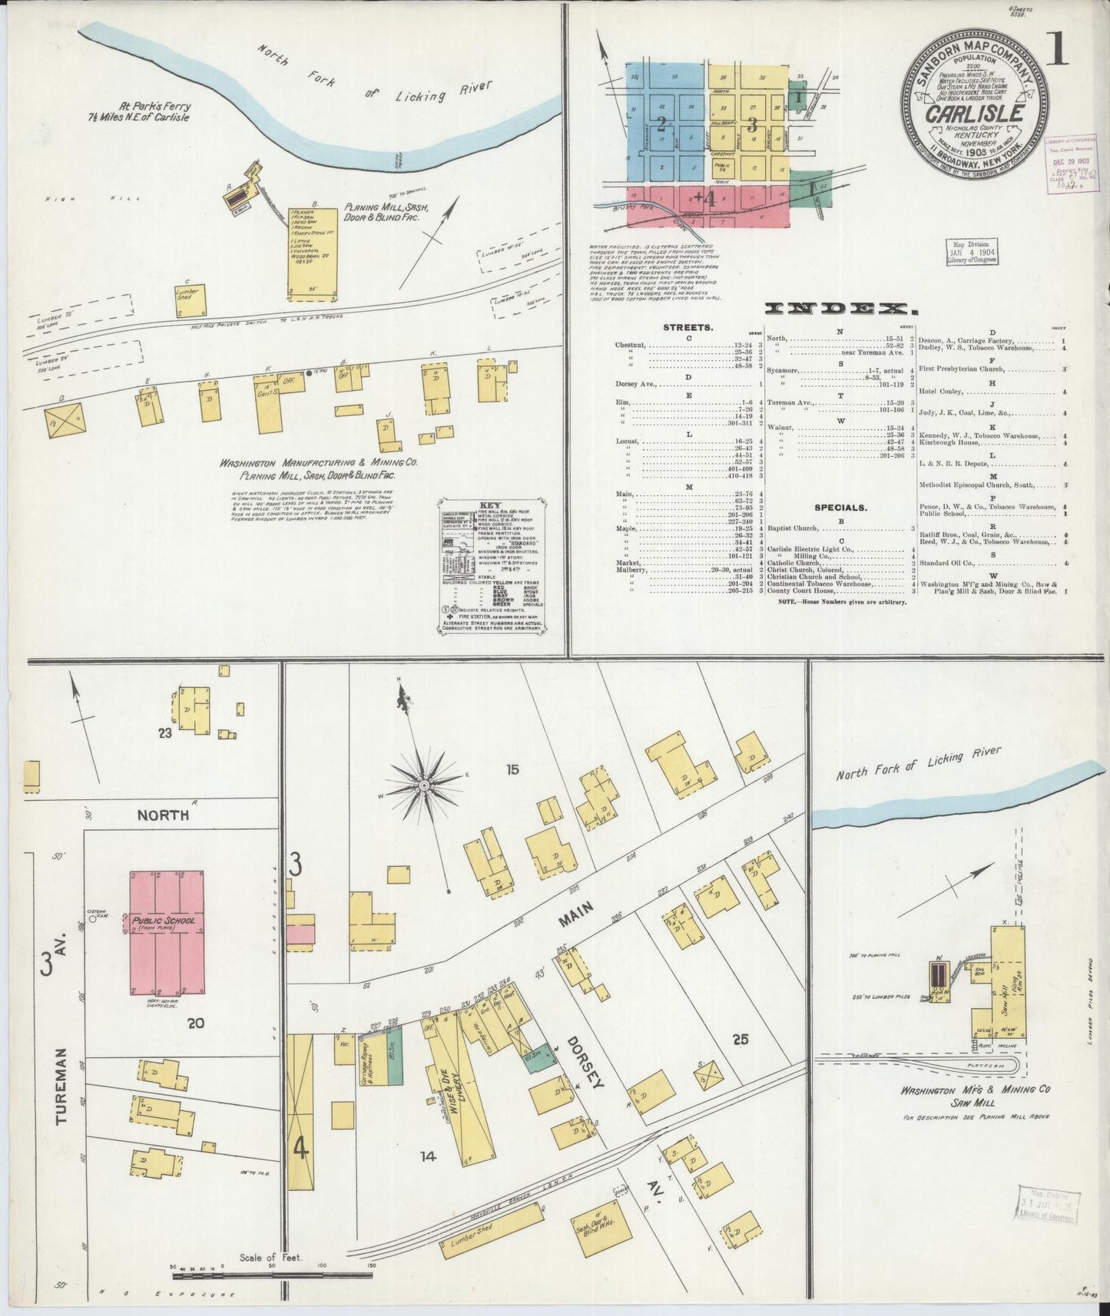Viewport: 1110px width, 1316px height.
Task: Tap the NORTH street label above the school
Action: pos(163,815)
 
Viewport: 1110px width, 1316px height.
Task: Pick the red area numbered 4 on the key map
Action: pos(707,200)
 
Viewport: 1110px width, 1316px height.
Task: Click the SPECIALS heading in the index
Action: pos(841,508)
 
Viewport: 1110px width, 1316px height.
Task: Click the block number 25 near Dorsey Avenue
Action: pos(741,1040)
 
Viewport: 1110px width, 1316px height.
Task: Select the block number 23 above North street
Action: pos(164,733)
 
